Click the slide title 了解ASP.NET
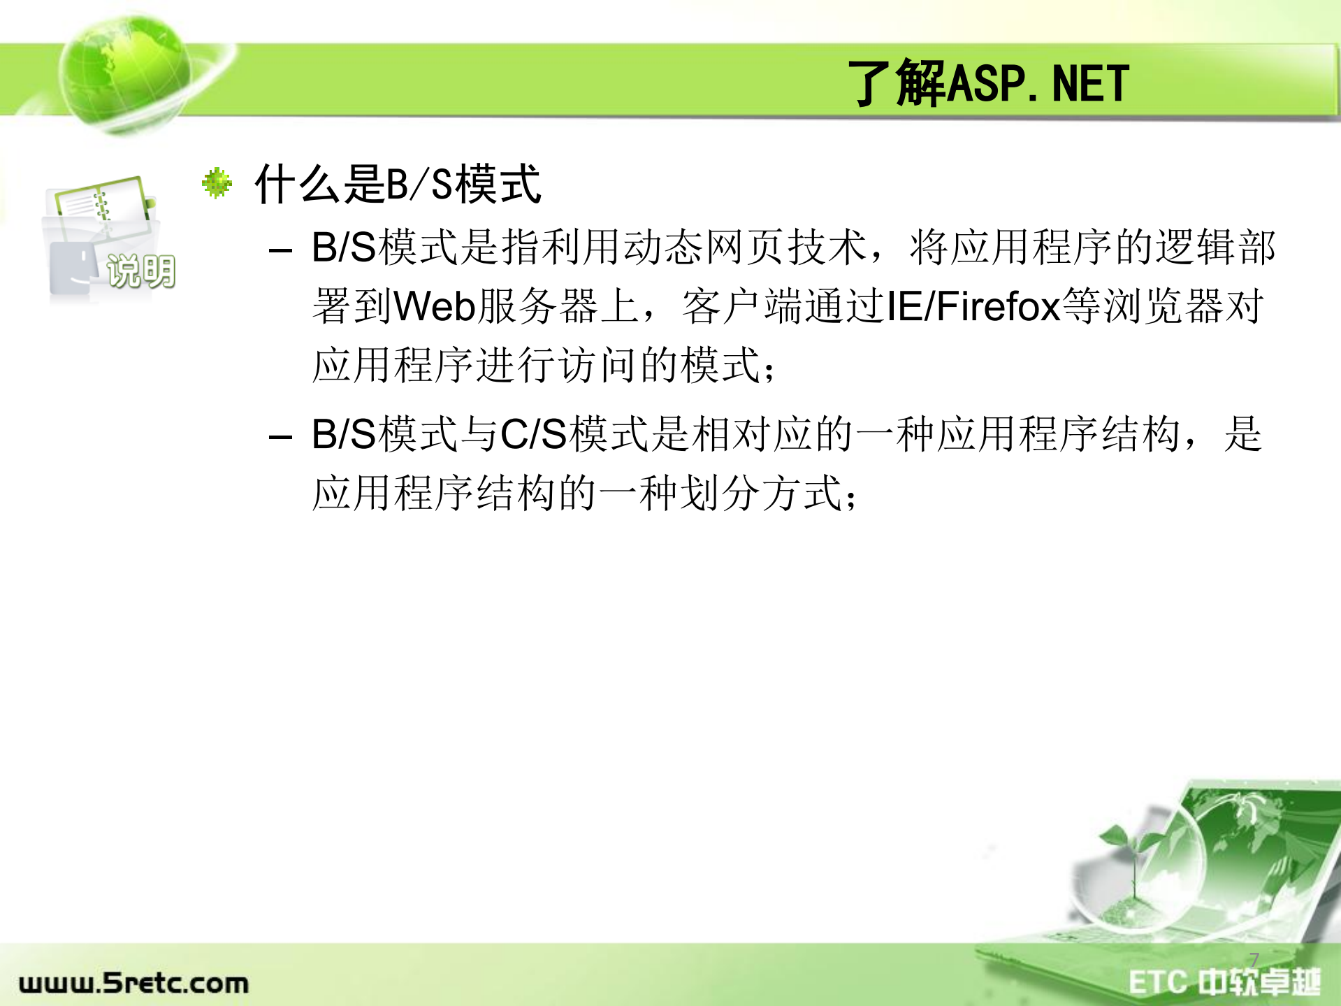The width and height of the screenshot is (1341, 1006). coord(988,83)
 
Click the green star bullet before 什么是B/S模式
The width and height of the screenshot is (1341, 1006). coord(217,183)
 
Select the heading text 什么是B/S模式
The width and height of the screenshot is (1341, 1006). coord(398,185)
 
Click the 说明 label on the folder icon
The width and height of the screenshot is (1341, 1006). coord(141,271)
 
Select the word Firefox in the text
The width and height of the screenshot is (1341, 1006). coord(998,306)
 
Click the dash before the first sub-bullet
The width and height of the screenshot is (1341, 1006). coord(280,250)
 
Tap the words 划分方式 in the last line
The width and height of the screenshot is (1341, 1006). coord(761,494)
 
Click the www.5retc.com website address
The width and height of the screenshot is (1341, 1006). coord(133,983)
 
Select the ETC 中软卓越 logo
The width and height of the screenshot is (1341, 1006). coord(1224,982)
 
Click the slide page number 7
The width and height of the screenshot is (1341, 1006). coord(1254,959)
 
